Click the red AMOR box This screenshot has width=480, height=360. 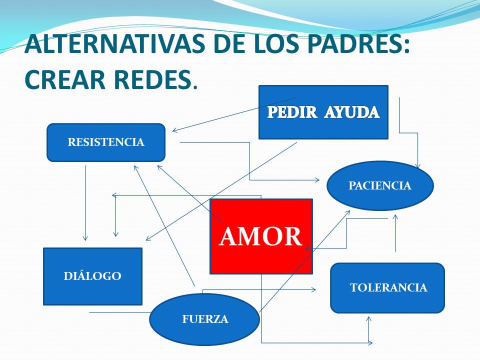pyautogui.click(x=261, y=236)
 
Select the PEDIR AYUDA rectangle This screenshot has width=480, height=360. pyautogui.click(x=323, y=112)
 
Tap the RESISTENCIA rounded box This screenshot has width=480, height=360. pyautogui.click(x=106, y=142)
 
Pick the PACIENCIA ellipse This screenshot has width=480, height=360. pyautogui.click(x=380, y=185)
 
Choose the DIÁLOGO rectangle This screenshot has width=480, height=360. pyautogui.click(x=93, y=276)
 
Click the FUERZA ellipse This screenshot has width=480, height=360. pyautogui.click(x=205, y=319)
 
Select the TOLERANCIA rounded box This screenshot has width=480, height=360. pyautogui.click(x=387, y=288)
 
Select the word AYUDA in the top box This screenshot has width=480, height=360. pyautogui.click(x=352, y=112)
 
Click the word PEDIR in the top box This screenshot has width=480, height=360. pyautogui.click(x=292, y=112)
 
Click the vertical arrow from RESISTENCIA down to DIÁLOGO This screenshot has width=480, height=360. pyautogui.click(x=85, y=203)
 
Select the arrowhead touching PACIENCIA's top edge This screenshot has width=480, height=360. pyautogui.click(x=417, y=165)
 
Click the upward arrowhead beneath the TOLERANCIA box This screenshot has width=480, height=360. pyautogui.click(x=369, y=319)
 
